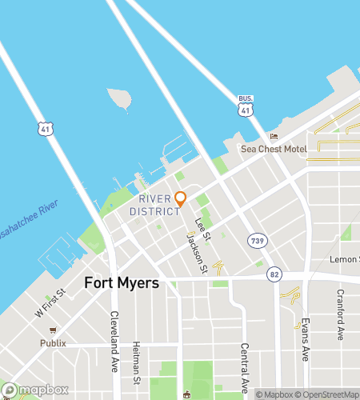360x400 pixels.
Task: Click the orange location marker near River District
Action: (x=181, y=198)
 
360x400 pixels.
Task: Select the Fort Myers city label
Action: (x=122, y=283)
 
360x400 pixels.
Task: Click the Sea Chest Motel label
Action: (x=274, y=149)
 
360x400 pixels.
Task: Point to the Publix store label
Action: (x=54, y=343)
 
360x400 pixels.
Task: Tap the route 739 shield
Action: (x=257, y=240)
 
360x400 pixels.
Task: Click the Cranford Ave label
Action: (x=340, y=314)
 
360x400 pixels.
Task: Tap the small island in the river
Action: (x=118, y=98)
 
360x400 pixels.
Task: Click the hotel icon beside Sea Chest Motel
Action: (x=274, y=136)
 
